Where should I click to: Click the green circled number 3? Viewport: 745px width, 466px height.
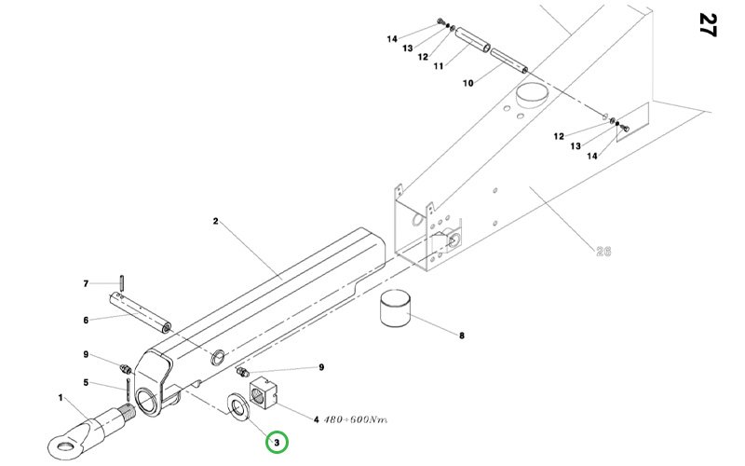tap(277, 440)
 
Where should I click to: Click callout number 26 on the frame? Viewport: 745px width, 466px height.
tap(604, 250)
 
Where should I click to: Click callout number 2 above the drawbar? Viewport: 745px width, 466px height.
tap(215, 222)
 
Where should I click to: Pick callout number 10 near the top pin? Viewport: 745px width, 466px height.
tap(468, 83)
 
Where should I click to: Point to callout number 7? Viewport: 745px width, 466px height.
tap(86, 283)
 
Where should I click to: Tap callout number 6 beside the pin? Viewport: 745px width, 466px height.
tap(86, 321)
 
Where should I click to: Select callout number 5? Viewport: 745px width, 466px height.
tap(86, 382)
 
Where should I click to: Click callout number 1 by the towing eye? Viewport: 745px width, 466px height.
tap(61, 399)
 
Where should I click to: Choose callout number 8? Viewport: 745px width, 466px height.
tap(462, 336)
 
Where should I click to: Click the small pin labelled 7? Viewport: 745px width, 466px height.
tap(122, 281)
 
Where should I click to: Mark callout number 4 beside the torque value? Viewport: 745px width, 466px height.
tap(317, 420)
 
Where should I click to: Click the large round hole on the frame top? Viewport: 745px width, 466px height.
tap(532, 94)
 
